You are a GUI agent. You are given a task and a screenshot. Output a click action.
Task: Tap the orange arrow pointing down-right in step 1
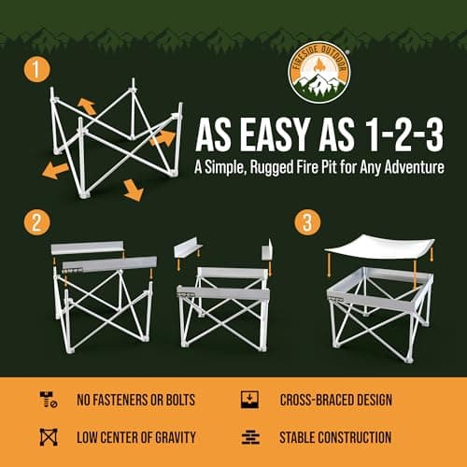(x=133, y=191)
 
